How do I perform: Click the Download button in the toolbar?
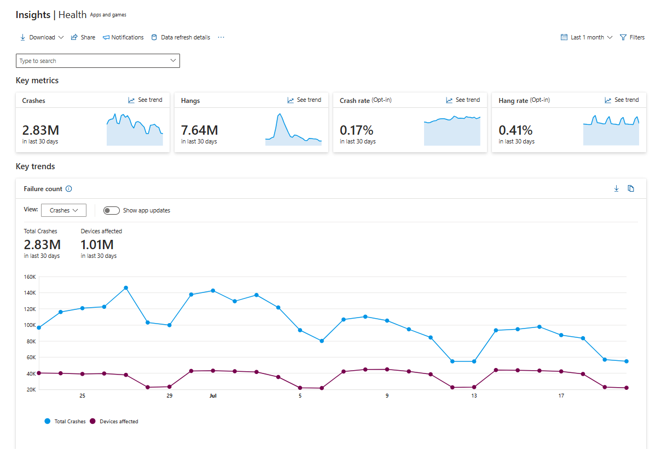[42, 37]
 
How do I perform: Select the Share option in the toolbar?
[83, 37]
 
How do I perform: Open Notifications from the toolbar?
[123, 37]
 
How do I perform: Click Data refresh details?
[181, 37]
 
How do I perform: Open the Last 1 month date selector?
[587, 37]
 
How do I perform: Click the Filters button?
[632, 37]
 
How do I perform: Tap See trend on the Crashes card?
[146, 100]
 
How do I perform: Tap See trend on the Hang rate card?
[622, 100]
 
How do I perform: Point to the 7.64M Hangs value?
[200, 130]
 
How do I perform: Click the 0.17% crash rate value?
[356, 130]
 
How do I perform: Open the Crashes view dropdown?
[63, 210]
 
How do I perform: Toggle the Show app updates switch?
[112, 210]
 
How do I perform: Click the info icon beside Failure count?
[69, 189]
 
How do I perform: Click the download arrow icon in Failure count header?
[616, 188]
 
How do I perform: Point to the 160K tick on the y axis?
[30, 277]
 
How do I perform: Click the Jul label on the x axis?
[213, 396]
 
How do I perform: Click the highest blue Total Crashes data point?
[126, 288]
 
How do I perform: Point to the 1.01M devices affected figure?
[97, 245]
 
